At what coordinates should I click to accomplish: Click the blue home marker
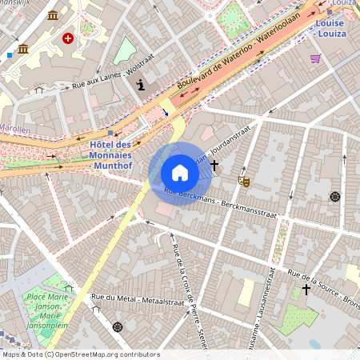click(x=180, y=173)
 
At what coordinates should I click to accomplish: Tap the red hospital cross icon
click(x=68, y=38)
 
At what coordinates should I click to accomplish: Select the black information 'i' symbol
click(x=142, y=85)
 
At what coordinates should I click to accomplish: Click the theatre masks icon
click(x=245, y=182)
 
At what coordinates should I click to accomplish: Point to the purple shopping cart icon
click(x=315, y=58)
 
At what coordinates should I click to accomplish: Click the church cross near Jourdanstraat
click(x=214, y=164)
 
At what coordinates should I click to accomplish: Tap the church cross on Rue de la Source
click(x=306, y=289)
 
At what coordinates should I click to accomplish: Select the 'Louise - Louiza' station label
click(x=330, y=29)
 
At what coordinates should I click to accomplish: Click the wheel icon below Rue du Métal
click(x=118, y=326)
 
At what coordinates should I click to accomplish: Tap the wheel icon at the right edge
click(x=334, y=196)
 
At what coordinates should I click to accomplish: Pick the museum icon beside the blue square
click(x=23, y=50)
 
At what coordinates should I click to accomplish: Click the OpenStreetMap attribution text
click(x=80, y=354)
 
